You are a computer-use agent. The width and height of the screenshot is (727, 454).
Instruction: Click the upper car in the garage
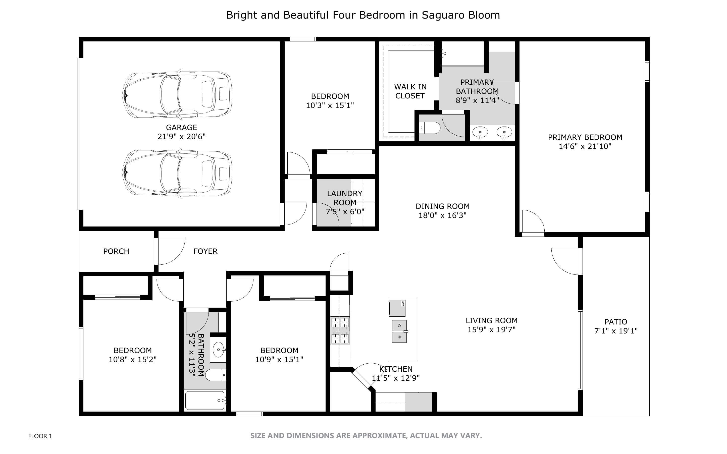coord(177,94)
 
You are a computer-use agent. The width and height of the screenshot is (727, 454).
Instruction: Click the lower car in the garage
coord(177,173)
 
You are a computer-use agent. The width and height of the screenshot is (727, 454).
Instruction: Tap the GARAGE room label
coord(182,127)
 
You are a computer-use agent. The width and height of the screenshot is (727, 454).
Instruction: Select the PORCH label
coord(116,251)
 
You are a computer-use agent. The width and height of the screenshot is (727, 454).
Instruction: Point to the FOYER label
coord(205,251)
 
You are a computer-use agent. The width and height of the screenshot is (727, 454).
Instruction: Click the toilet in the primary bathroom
coord(430,128)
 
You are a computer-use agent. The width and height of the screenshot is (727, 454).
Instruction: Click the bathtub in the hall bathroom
coord(205,401)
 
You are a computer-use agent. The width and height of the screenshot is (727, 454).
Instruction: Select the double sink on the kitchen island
coord(399,331)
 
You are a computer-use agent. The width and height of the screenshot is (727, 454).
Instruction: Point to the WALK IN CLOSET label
coord(410,91)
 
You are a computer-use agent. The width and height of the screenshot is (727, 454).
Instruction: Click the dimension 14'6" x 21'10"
coord(585,146)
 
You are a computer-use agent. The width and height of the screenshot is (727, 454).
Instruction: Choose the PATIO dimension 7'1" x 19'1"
coord(616,331)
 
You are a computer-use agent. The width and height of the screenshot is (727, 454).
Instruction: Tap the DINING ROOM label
coord(443,206)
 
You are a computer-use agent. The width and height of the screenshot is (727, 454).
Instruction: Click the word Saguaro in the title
coord(439,15)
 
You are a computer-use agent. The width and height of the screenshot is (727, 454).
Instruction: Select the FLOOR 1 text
coord(40,436)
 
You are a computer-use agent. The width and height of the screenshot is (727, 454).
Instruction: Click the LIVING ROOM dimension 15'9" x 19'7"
coord(492,329)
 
